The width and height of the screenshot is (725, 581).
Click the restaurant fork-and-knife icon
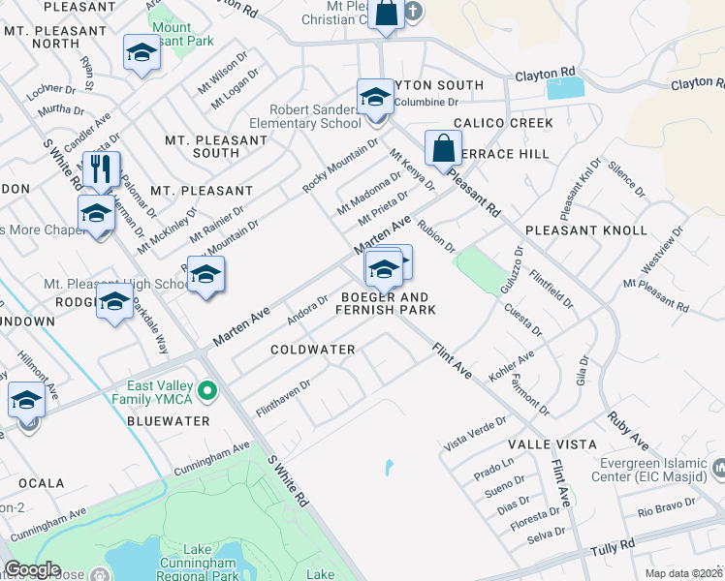click(x=102, y=169)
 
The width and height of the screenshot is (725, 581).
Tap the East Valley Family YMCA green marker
click(x=205, y=391)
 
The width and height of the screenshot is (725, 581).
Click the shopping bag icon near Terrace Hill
click(x=443, y=149)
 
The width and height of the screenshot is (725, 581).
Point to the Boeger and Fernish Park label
click(x=385, y=303)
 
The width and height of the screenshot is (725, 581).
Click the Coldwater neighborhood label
click(x=312, y=349)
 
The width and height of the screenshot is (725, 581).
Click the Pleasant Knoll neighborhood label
click(x=585, y=230)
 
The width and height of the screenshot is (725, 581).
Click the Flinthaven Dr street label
click(x=282, y=398)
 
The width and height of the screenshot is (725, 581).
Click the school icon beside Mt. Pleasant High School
click(x=114, y=302)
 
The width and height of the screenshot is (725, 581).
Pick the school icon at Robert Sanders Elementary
click(x=375, y=97)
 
